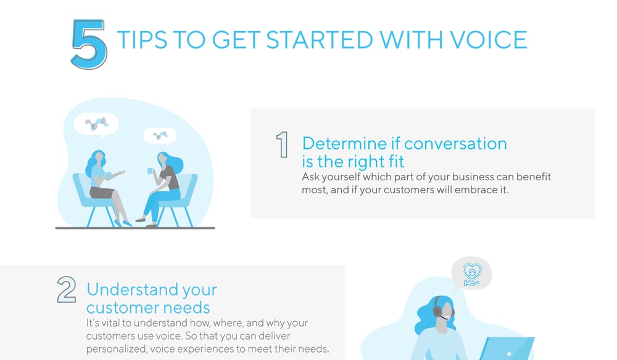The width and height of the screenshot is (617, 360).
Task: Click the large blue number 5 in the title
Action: [89, 44]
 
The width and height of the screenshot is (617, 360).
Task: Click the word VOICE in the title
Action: [488, 40]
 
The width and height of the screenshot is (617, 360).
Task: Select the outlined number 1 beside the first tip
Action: [282, 145]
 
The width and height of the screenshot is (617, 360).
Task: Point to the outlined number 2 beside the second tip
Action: [67, 290]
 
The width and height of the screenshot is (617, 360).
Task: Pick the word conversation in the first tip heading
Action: [457, 144]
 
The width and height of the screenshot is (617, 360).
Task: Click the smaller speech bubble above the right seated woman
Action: [160, 136]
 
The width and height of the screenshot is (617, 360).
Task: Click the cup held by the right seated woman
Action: [151, 171]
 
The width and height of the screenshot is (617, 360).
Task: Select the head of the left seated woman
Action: [98, 158]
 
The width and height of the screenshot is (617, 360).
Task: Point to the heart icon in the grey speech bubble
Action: [472, 271]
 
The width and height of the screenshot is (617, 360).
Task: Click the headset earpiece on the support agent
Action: [437, 311]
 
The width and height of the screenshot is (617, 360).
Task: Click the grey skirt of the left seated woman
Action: [102, 192]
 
